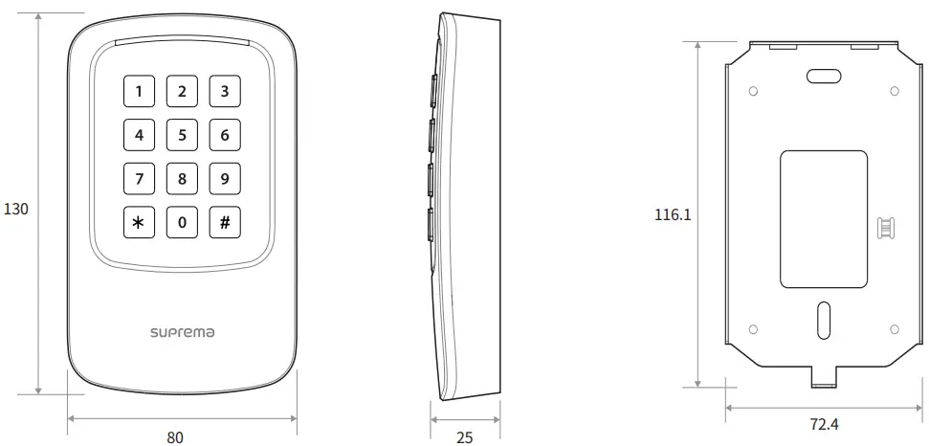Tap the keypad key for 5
[182, 135]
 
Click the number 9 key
[225, 179]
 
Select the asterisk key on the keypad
[140, 223]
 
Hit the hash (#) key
[225, 223]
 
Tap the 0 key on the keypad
[182, 223]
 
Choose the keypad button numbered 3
[225, 92]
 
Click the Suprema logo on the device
[182, 332]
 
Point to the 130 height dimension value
[17, 208]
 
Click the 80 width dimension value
[175, 437]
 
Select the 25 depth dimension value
[464, 437]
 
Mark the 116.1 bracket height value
[673, 215]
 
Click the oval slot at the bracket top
[823, 77]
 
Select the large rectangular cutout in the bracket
[823, 219]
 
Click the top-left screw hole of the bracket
[753, 91]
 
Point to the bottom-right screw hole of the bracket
[895, 329]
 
